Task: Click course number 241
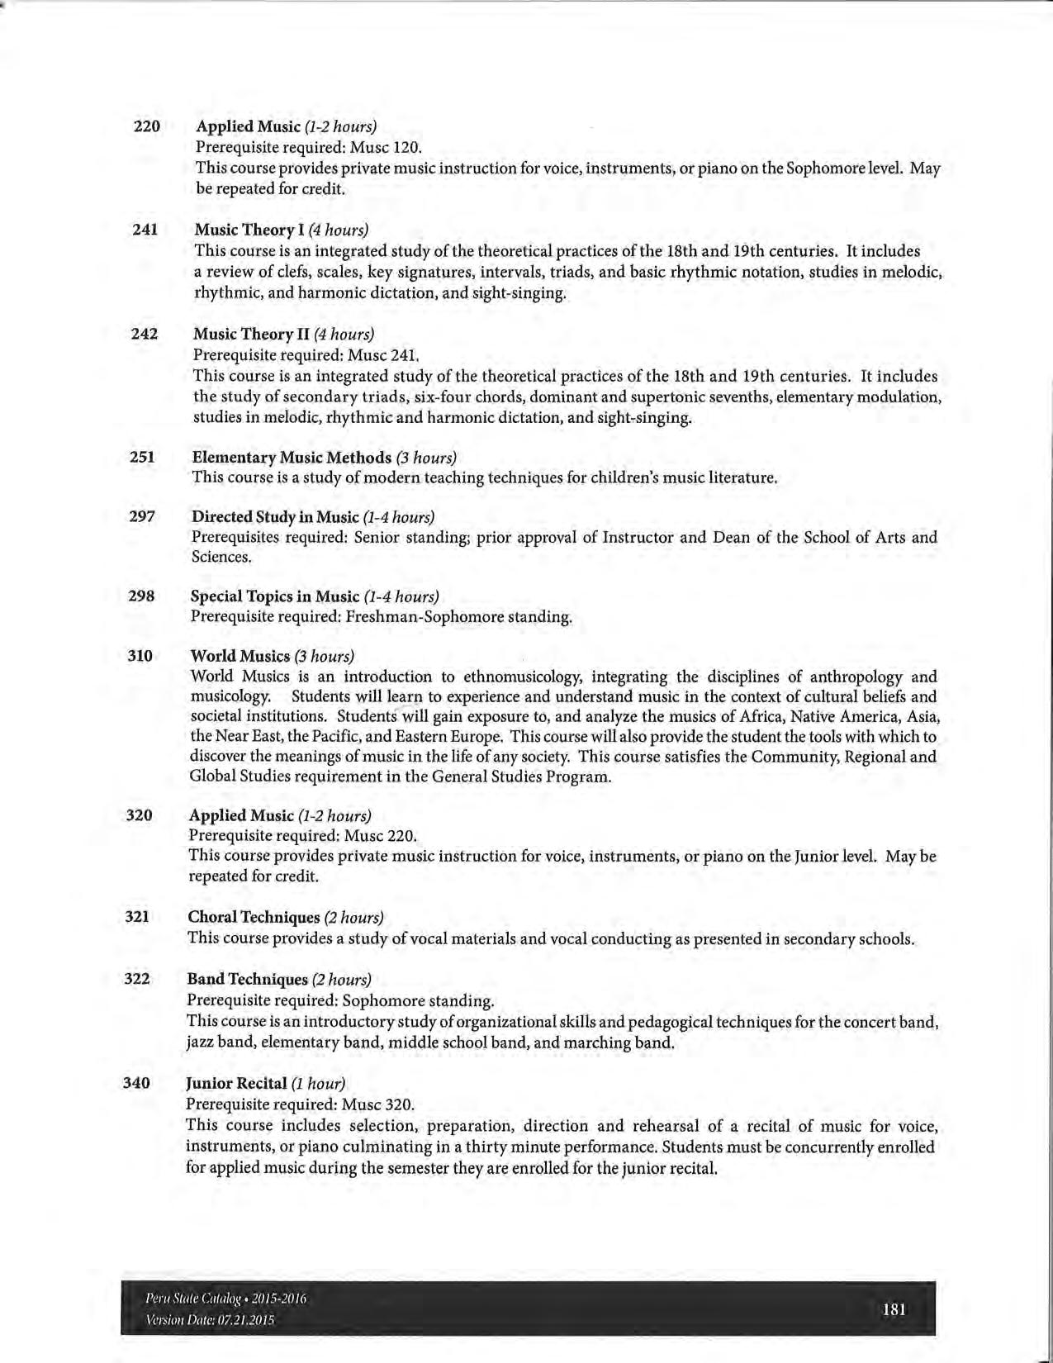[145, 230]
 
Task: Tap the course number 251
[142, 457]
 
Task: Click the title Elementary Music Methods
[292, 458]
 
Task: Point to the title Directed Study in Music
[275, 517]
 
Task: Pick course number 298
[141, 596]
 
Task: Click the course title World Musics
[240, 656]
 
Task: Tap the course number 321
[137, 917]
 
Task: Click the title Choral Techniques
[254, 918]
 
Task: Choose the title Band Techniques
[247, 980]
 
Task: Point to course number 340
[136, 1083]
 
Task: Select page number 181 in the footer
[894, 1308]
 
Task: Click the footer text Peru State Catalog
[192, 1299]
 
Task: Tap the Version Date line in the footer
[210, 1319]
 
